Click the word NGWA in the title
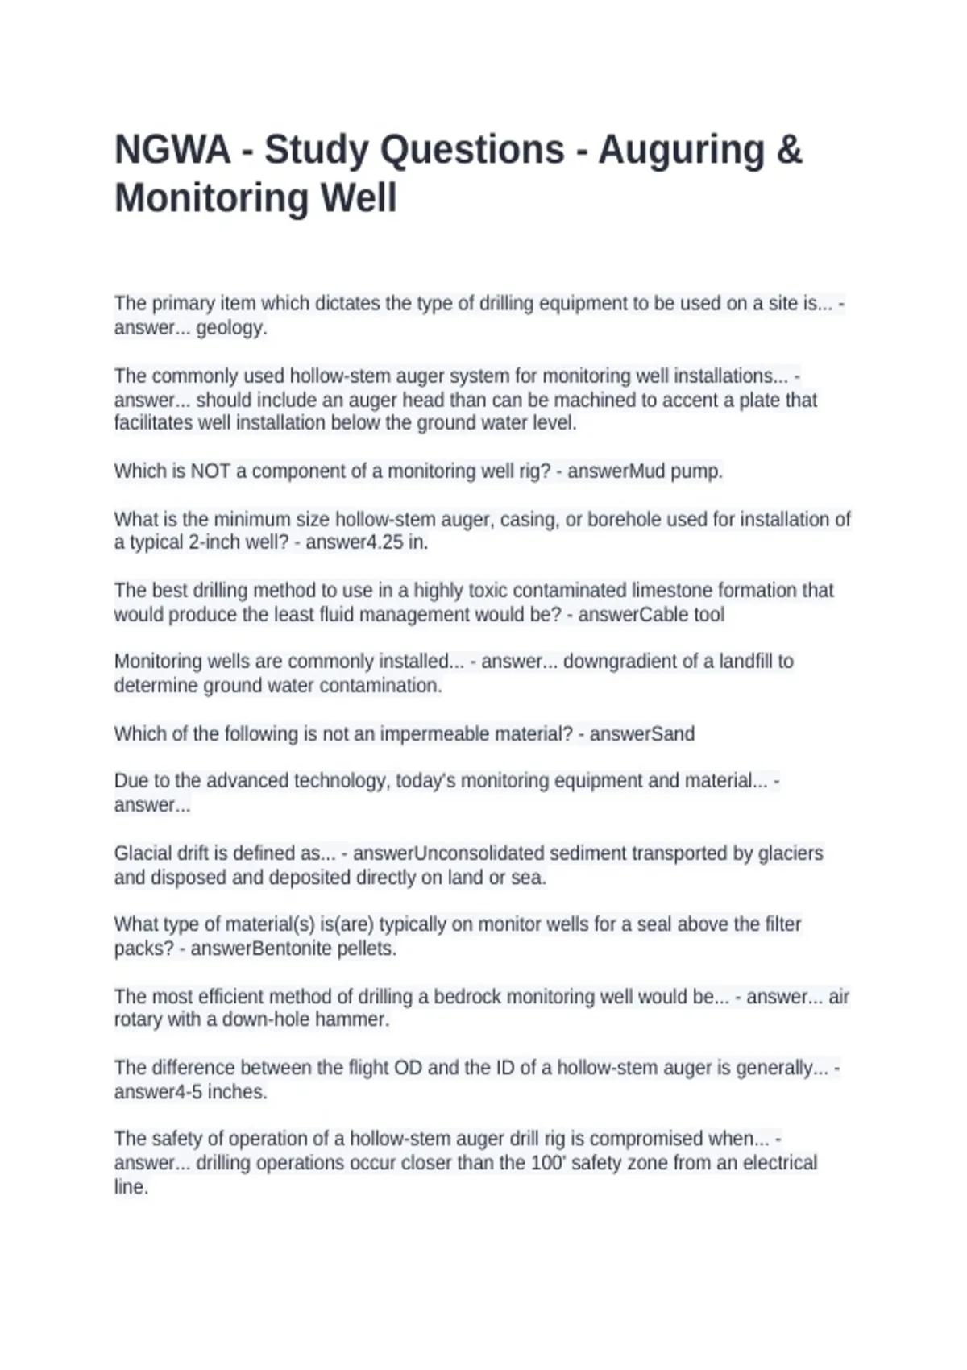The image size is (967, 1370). coord(172,150)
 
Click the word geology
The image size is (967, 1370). coord(231,328)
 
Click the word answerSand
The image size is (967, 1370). coord(641,734)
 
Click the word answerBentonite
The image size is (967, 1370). coord(256,949)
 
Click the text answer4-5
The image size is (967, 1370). coord(151,1092)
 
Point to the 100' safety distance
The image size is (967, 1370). coord(550,1163)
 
